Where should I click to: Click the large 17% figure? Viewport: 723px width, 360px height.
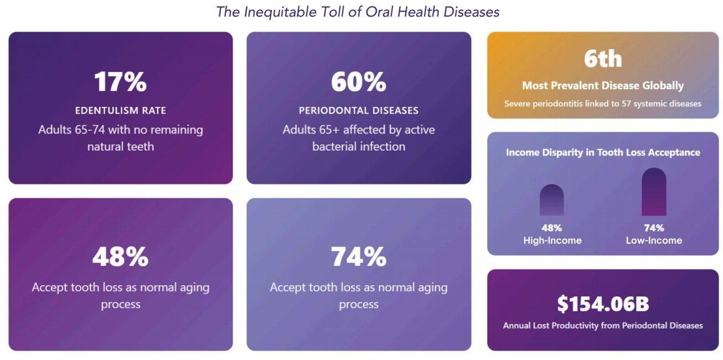tap(120, 82)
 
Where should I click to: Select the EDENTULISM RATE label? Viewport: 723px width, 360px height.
tap(120, 110)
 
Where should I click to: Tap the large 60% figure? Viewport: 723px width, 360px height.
tap(358, 82)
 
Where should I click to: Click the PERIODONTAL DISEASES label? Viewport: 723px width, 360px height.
tap(358, 110)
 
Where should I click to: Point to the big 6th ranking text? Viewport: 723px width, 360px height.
tap(603, 59)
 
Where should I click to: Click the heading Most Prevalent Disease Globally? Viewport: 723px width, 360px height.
tap(603, 86)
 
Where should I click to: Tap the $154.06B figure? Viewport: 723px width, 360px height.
tap(603, 304)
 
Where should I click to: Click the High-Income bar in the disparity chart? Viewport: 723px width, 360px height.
tap(551, 200)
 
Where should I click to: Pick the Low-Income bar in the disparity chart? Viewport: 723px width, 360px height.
tap(654, 192)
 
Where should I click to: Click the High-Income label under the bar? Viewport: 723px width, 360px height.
tap(552, 240)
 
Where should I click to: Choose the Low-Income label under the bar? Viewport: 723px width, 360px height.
tap(654, 240)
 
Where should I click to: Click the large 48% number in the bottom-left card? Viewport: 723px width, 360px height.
tap(120, 257)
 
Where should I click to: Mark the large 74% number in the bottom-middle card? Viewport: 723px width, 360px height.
tap(358, 257)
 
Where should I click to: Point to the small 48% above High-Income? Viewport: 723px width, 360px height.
tap(551, 228)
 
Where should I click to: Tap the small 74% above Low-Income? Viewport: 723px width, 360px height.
tap(654, 228)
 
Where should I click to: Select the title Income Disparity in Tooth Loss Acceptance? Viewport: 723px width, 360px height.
tap(603, 152)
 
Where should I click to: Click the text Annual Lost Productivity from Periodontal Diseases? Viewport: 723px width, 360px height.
tap(603, 326)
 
